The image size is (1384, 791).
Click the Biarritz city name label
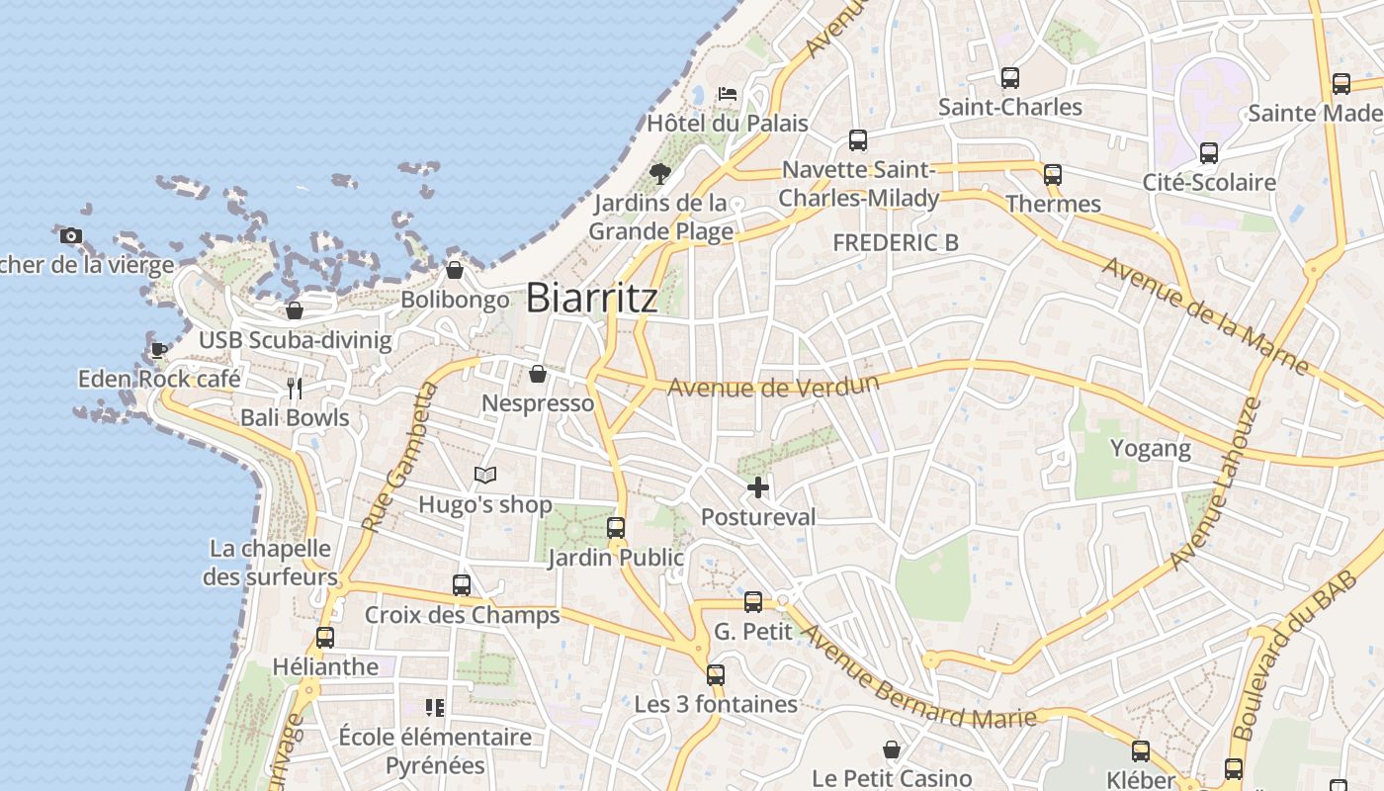tap(591, 298)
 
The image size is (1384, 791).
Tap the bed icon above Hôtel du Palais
tap(728, 95)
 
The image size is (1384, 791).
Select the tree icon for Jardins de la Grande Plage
tap(660, 175)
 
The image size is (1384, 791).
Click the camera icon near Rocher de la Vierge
tap(71, 235)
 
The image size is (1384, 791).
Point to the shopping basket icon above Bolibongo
tap(455, 269)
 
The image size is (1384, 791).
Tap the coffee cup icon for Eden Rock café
tap(158, 350)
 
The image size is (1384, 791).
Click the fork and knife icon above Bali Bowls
tap(294, 388)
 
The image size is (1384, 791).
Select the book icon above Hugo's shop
tap(484, 476)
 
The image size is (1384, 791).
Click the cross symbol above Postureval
tap(758, 487)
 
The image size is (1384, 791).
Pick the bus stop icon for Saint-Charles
tap(1009, 77)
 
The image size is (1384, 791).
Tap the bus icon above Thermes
tap(1053, 175)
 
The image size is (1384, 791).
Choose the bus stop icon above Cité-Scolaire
tap(1208, 153)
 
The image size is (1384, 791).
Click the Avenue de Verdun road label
tap(773, 385)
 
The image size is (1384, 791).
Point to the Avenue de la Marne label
tap(1205, 315)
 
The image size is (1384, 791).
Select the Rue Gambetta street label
tap(399, 457)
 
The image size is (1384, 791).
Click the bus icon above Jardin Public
tap(616, 528)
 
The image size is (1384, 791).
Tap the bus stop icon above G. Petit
tap(753, 601)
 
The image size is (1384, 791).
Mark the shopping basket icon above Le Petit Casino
tap(892, 749)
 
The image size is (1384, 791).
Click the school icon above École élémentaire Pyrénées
tap(435, 707)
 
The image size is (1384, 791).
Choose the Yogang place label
tap(1150, 448)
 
